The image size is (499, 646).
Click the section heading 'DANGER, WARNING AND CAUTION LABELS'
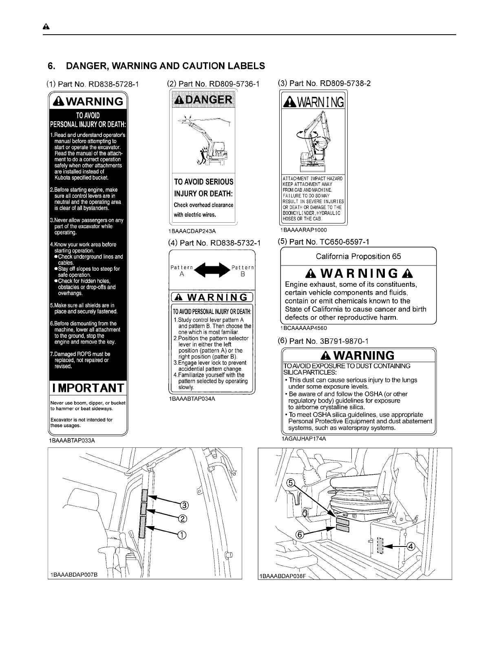165,66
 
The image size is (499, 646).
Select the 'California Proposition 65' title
358,256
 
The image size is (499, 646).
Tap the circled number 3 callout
184,506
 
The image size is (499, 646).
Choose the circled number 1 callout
181,535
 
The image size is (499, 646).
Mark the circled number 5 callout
291,483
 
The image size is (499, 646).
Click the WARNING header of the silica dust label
358,355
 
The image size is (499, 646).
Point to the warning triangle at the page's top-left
46,27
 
